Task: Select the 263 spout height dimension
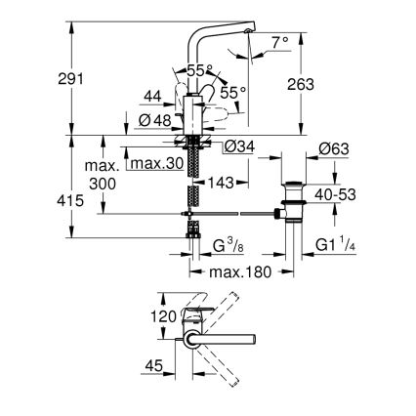click(302, 85)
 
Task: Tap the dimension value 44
click(150, 98)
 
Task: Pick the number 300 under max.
click(103, 183)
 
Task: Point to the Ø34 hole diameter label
click(236, 146)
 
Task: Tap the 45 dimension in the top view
click(151, 368)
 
